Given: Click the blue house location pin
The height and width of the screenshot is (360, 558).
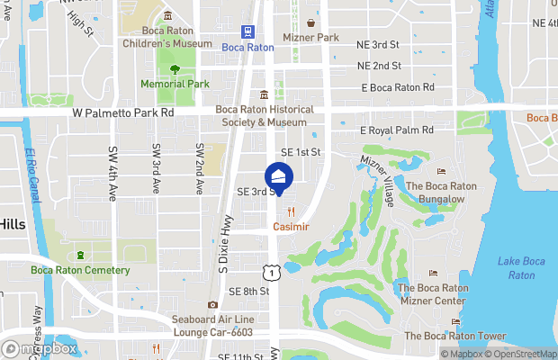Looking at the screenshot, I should tap(279, 177).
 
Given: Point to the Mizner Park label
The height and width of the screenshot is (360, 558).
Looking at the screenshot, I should tap(310, 38).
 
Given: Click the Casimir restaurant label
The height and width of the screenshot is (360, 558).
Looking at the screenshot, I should tap(291, 227).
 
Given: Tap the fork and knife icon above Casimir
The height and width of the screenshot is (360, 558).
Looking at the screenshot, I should tap(291, 212).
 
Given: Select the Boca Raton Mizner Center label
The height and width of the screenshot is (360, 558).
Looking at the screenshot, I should tap(433, 294).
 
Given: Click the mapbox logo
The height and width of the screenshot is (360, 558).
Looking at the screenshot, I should tap(40, 348).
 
